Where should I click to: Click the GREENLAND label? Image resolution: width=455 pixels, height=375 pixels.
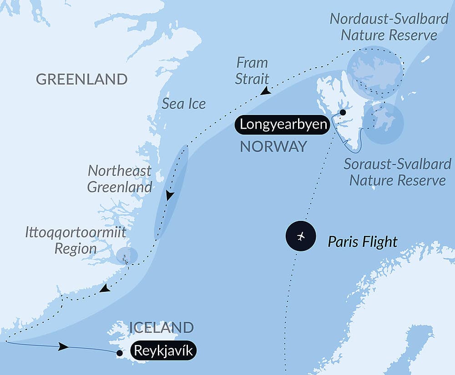pyautogui.click(x=81, y=79)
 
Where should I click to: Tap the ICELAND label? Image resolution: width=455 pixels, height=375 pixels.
pyautogui.click(x=162, y=327)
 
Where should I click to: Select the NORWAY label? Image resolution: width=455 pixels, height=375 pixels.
pyautogui.click(x=273, y=146)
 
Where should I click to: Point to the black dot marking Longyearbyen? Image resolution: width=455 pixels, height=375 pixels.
pyautogui.click(x=343, y=112)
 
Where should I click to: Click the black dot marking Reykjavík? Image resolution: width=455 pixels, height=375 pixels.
pyautogui.click(x=119, y=353)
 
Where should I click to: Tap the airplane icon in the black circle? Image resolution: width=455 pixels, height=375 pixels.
pyautogui.click(x=300, y=236)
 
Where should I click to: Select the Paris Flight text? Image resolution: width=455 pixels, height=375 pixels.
pyautogui.click(x=363, y=241)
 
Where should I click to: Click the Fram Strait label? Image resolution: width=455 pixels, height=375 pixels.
pyautogui.click(x=252, y=70)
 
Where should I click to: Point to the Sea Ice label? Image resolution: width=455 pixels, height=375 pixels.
pyautogui.click(x=184, y=104)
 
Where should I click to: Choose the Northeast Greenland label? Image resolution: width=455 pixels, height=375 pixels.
pyautogui.click(x=120, y=179)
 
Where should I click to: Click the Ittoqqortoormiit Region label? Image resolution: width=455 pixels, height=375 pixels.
pyautogui.click(x=76, y=241)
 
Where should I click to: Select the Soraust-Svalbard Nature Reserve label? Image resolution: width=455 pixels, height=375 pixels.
pyautogui.click(x=397, y=172)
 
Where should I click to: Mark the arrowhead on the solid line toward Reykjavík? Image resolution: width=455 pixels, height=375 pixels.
pyautogui.click(x=64, y=347)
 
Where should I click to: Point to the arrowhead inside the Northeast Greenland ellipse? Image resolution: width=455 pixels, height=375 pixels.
pyautogui.click(x=170, y=196)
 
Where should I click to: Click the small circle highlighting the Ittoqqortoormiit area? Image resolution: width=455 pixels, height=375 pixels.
pyautogui.click(x=126, y=255)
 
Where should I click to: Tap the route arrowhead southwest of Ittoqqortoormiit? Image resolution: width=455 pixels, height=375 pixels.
pyautogui.click(x=105, y=288)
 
